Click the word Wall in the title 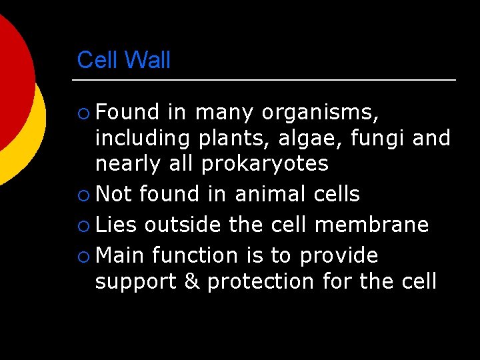(147, 60)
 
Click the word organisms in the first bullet (320, 113)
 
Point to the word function (195, 255)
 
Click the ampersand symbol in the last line (192, 281)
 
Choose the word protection (261, 281)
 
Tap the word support (137, 281)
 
